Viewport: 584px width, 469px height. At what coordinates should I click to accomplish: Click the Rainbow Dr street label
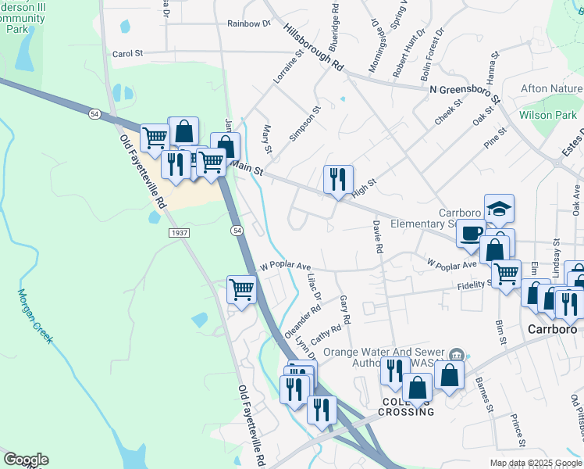coord(248,23)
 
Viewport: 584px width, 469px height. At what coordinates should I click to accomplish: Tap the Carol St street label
coord(128,54)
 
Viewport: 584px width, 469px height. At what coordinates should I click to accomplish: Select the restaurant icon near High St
coord(338,179)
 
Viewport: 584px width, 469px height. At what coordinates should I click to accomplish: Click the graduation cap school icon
coord(499,208)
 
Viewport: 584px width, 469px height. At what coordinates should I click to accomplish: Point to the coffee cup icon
coord(471,233)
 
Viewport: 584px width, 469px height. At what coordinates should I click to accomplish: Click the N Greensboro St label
coord(464,91)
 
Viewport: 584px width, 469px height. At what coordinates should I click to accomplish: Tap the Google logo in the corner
coord(26,460)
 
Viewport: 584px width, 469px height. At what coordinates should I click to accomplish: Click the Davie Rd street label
coord(377,236)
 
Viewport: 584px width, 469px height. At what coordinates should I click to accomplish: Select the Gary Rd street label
coord(344,310)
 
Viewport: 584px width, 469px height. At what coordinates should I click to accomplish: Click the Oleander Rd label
coord(303,319)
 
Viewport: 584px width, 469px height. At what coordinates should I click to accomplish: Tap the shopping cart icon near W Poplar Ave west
coord(241,290)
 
